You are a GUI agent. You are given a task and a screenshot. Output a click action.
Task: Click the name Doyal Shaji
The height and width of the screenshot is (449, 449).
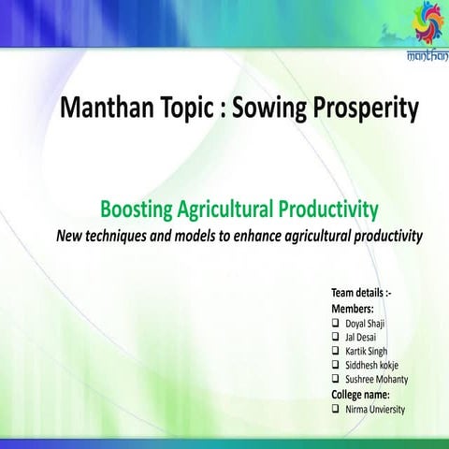(366, 323)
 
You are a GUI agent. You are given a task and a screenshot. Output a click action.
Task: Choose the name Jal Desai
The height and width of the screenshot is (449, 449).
(363, 337)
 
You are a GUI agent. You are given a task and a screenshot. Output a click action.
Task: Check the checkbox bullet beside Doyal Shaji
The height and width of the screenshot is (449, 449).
(337, 323)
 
